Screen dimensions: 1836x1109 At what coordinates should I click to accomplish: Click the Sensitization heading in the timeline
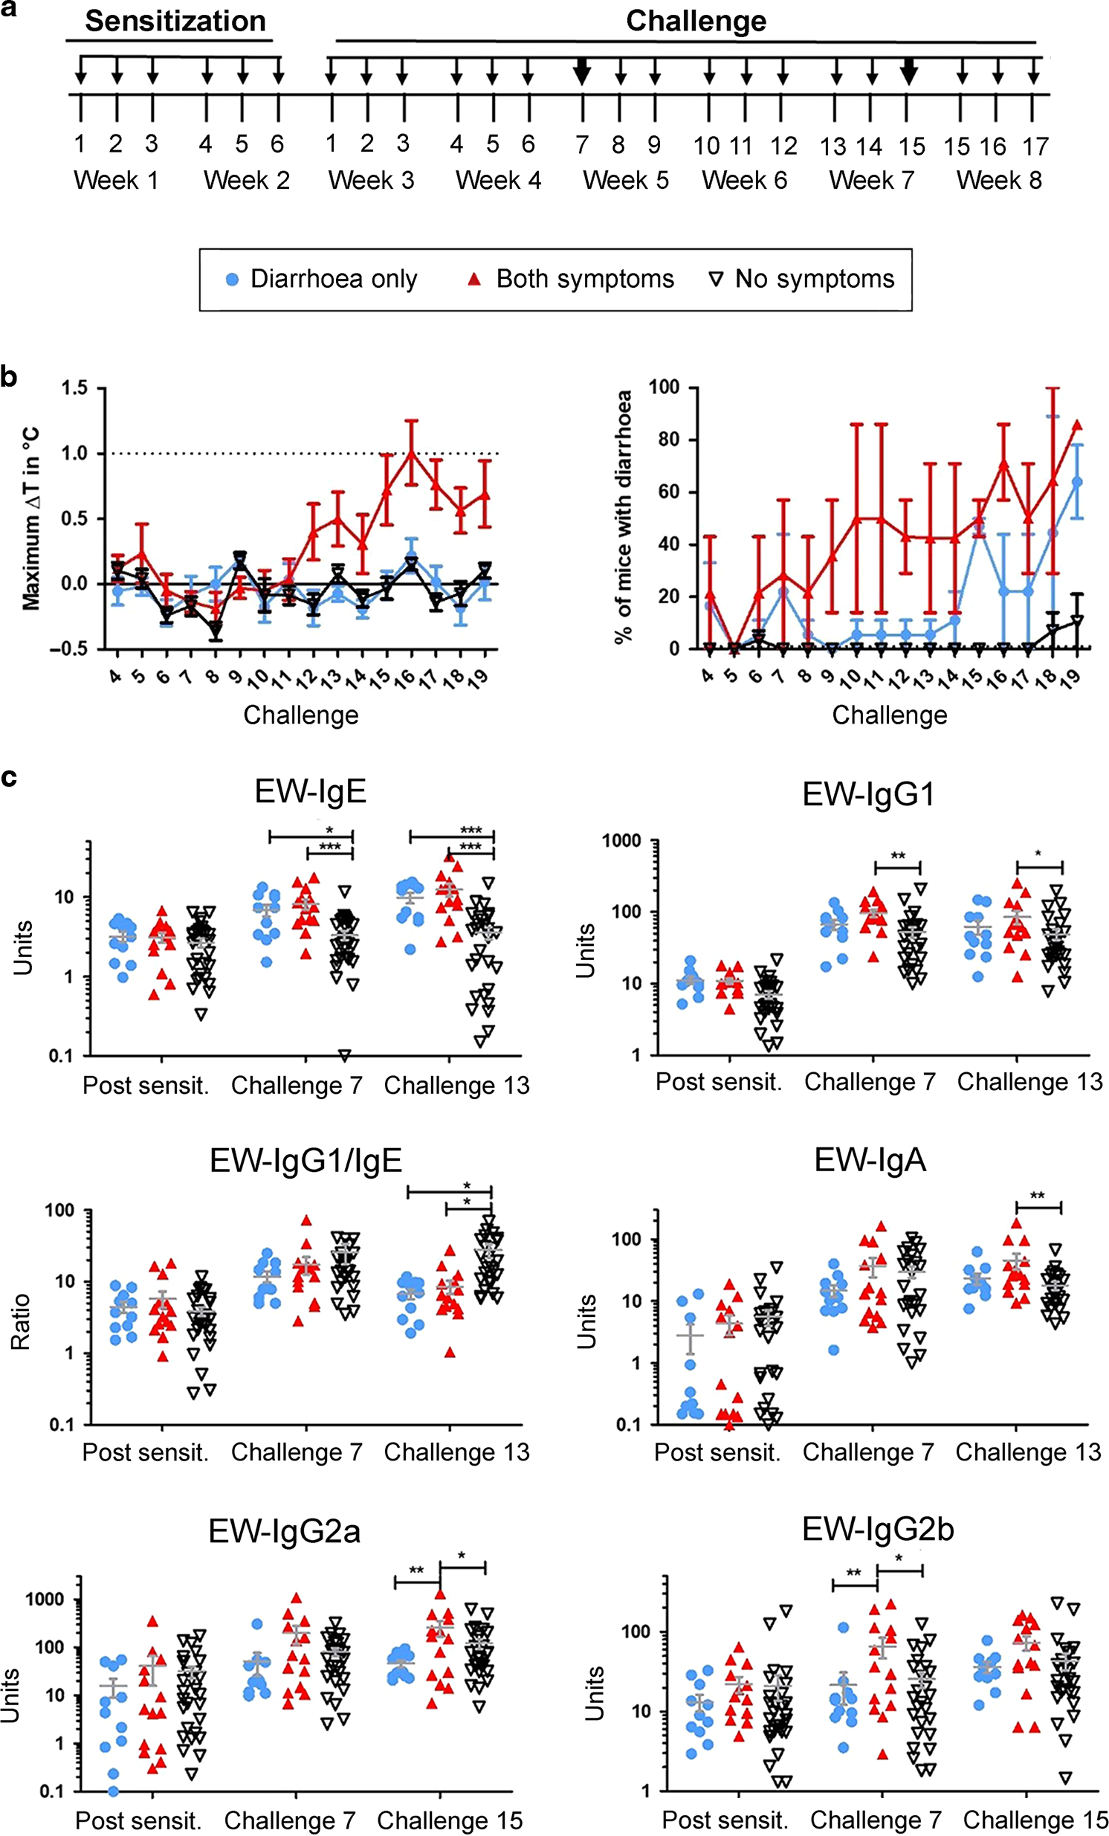point(175,21)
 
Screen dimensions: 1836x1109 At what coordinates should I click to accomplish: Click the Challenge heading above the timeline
point(696,21)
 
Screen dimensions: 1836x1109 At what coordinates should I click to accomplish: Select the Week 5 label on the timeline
point(626,180)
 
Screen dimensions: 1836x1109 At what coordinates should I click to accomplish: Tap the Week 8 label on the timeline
point(999,180)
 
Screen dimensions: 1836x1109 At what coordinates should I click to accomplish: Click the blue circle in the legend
point(233,280)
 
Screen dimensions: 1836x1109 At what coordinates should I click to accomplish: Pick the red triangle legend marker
point(473,280)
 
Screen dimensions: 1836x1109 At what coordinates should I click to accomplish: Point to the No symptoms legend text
point(814,279)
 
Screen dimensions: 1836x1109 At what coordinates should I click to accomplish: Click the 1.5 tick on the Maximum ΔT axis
point(74,388)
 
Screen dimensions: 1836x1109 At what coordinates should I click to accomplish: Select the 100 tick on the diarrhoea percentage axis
point(664,387)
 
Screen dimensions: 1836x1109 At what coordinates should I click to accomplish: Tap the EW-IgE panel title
point(311,791)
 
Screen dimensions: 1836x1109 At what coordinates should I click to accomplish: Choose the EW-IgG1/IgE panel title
point(305,1160)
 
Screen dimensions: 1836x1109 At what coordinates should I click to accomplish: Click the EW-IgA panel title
point(870,1160)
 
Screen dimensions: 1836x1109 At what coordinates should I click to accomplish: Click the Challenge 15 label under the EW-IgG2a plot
point(450,1820)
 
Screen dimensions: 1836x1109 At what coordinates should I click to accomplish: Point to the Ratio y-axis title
point(21,1321)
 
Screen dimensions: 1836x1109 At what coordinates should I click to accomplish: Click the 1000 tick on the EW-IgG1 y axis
point(621,840)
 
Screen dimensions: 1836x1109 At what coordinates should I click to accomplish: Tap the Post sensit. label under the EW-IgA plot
point(717,1452)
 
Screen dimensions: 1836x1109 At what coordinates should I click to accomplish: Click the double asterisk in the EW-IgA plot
point(1037,1196)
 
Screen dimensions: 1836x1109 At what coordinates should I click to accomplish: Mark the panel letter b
point(9,377)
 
